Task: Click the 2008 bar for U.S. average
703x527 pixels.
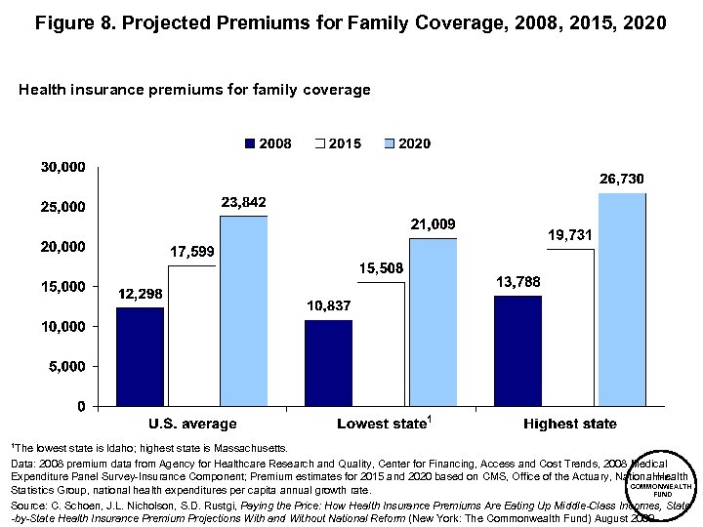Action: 140,356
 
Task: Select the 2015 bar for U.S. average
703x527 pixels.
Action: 191,335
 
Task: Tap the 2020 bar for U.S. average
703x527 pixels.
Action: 243,310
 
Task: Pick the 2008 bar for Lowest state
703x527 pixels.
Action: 328,362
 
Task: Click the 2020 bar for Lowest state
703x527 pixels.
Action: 433,321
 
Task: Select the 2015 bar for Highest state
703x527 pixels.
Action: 570,327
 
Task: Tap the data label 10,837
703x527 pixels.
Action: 328,306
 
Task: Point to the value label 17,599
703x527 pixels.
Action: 192,252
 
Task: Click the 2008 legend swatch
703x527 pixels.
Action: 250,143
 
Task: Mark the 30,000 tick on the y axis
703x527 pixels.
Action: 62,167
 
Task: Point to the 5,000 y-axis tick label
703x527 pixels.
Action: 67,366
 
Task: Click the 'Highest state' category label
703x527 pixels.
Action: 569,424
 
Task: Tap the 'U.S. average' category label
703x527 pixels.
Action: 192,424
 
